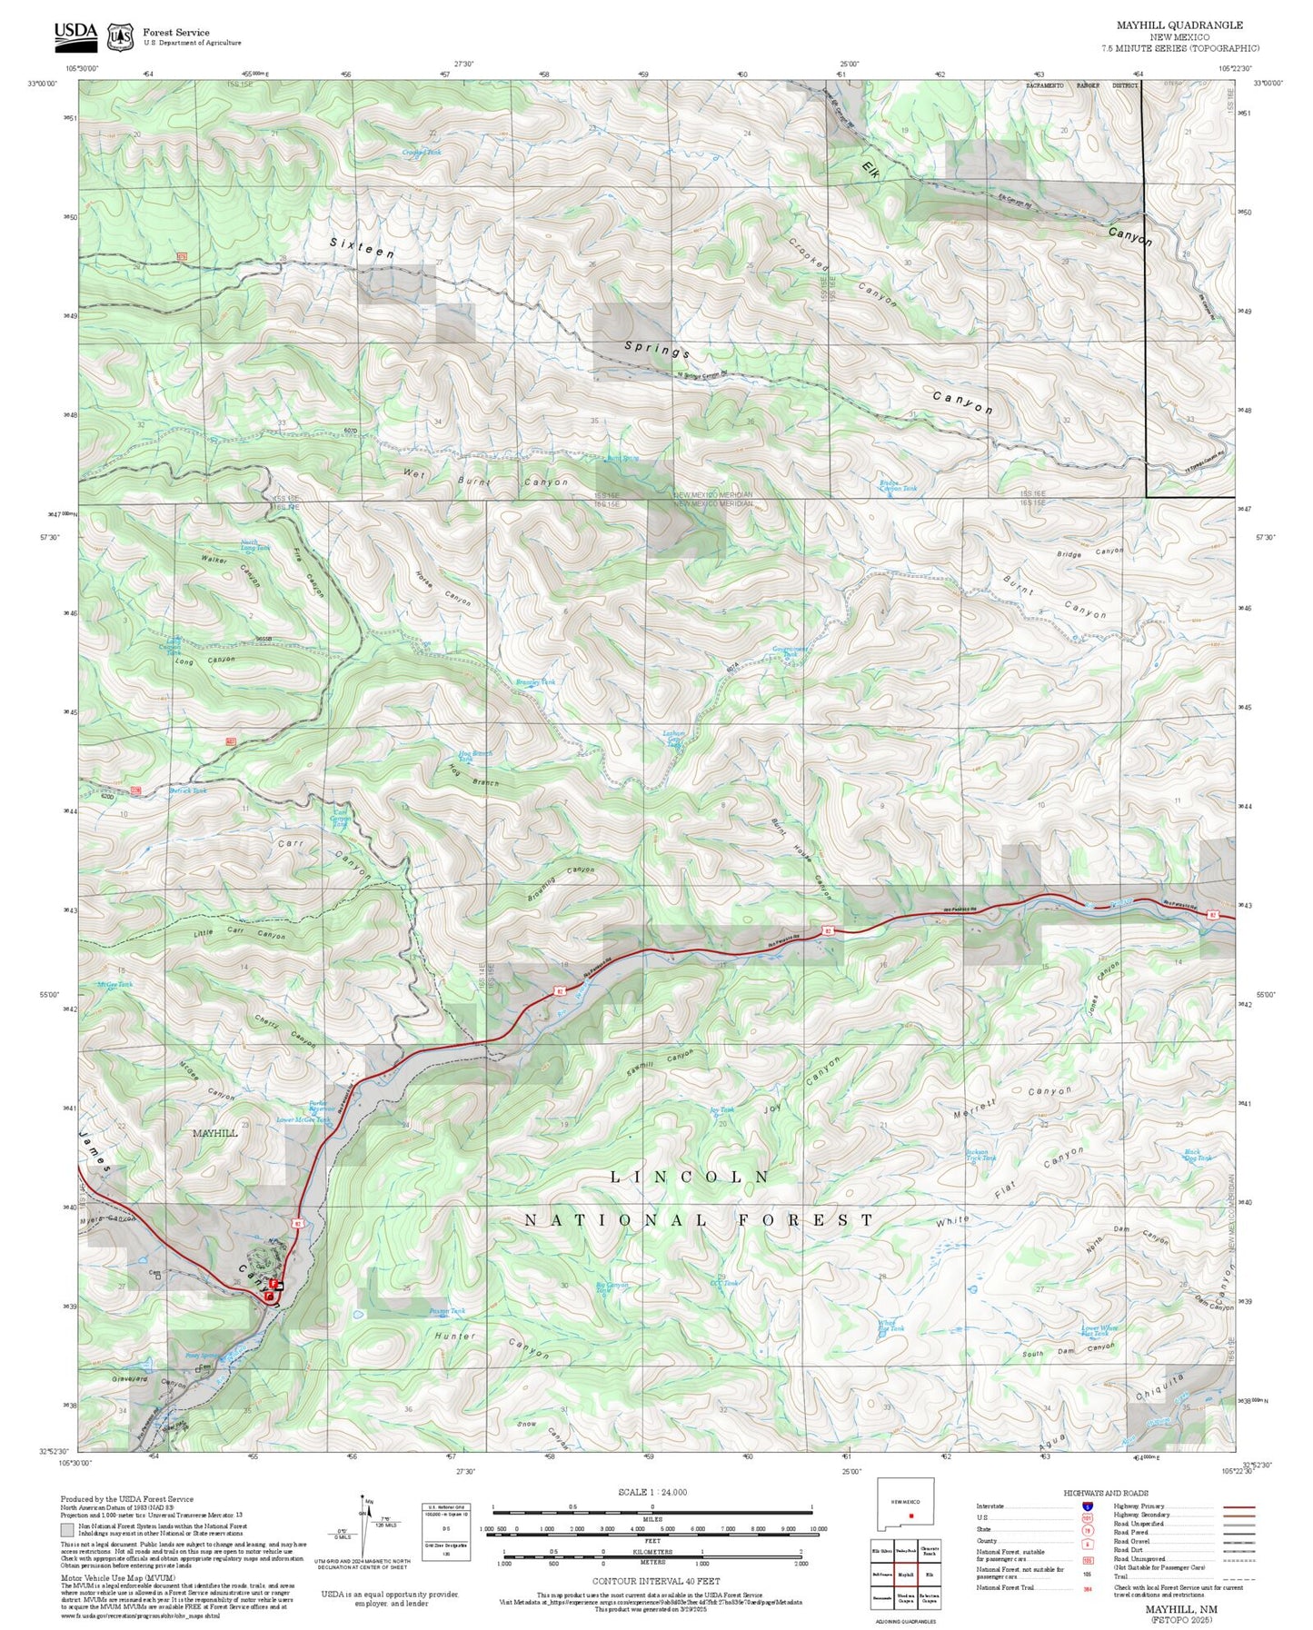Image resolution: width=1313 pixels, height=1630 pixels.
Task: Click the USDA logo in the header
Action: coord(75,34)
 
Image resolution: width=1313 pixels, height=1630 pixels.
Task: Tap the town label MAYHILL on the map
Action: coord(214,1133)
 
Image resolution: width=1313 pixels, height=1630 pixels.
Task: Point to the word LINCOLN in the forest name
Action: coord(690,1177)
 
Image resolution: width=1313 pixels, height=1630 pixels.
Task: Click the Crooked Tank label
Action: coord(421,153)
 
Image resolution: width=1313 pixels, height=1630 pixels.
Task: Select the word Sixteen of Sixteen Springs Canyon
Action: coord(362,248)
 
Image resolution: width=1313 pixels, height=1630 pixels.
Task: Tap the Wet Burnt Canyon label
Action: coord(486,479)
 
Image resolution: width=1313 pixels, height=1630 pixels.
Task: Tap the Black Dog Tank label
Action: coord(1198,1155)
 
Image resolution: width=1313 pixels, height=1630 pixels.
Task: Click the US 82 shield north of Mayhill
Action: coord(296,1225)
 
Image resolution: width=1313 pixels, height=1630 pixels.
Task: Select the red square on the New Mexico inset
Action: coord(910,1515)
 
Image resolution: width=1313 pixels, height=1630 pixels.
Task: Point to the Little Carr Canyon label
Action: coord(239,934)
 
